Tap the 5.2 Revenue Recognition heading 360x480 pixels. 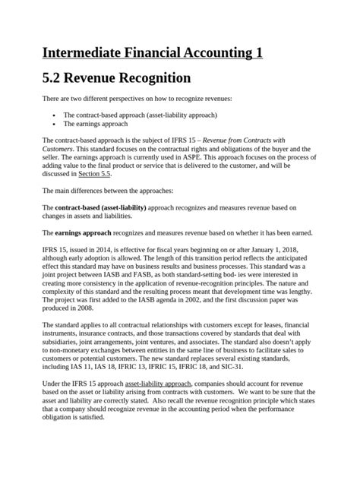(x=115, y=78)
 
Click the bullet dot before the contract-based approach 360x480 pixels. (x=55, y=115)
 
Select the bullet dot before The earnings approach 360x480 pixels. (x=55, y=123)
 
